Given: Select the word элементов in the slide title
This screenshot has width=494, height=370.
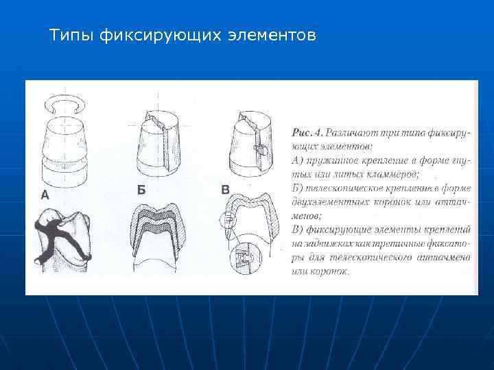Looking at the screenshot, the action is click(x=271, y=34).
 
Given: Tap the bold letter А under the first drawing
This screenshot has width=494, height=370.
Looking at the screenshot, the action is click(x=45, y=195).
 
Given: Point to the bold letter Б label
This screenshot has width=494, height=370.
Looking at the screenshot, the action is click(x=141, y=190).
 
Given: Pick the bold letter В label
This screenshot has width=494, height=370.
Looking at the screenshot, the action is click(x=225, y=190).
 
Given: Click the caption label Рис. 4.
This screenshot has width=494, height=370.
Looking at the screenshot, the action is click(x=307, y=131).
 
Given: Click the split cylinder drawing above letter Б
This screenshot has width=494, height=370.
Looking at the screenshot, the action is click(x=158, y=140).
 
